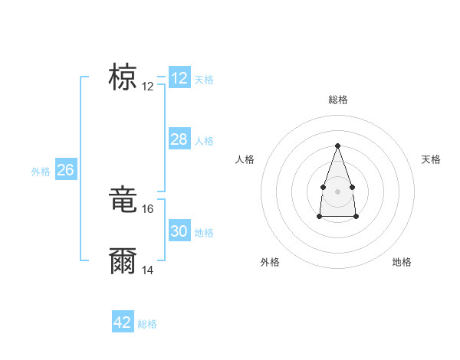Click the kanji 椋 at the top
coord(123,78)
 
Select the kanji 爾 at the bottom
coord(123,261)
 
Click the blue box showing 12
coord(179,78)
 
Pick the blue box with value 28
coord(179,139)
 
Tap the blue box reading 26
coord(65,170)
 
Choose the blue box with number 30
coord(179,231)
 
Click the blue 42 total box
coord(123,322)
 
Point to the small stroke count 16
coord(149,208)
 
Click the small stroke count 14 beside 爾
coord(149,270)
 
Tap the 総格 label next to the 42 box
coord(147,324)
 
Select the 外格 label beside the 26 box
coord(41,172)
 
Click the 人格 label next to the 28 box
coord(204,141)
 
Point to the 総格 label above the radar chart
coord(337,100)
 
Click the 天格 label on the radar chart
coord(431,159)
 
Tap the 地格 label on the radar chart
coord(402,263)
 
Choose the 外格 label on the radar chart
coord(270,263)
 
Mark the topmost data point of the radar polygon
coord(337,146)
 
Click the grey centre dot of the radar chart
coord(337,190)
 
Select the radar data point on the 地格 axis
coord(356,217)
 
